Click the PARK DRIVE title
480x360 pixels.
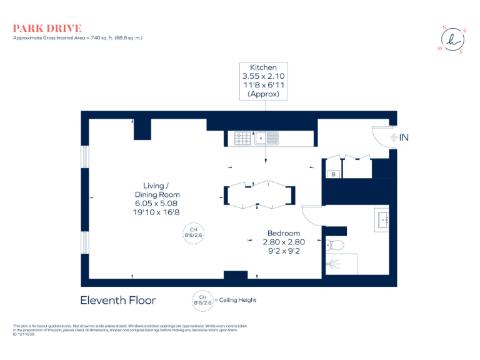pyautogui.click(x=47, y=28)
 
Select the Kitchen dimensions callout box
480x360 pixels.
pyautogui.click(x=263, y=81)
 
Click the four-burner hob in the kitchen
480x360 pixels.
pyautogui.click(x=243, y=138)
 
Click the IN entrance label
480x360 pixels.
pyautogui.click(x=404, y=137)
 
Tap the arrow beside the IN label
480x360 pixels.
pyautogui.click(x=394, y=137)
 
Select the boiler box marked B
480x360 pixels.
pyautogui.click(x=334, y=174)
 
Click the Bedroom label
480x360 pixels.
pyautogui.click(x=284, y=233)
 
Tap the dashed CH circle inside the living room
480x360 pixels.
pyautogui.click(x=193, y=233)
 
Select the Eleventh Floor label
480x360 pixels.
pyautogui.click(x=118, y=300)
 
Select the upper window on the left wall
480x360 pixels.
pyautogui.click(x=84, y=156)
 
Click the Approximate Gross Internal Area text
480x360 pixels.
pyautogui.click(x=78, y=38)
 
